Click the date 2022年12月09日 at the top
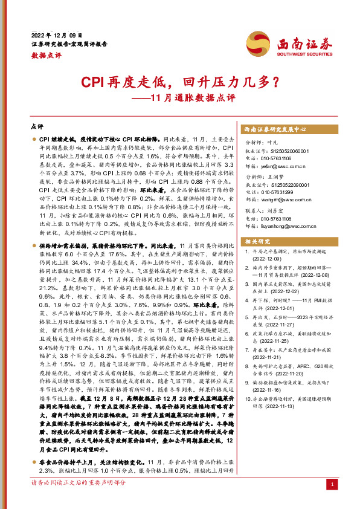(x=56, y=35)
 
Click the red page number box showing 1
(x=331, y=501)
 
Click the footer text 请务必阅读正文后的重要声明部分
(x=79, y=500)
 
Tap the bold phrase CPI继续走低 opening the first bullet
(x=57, y=139)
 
